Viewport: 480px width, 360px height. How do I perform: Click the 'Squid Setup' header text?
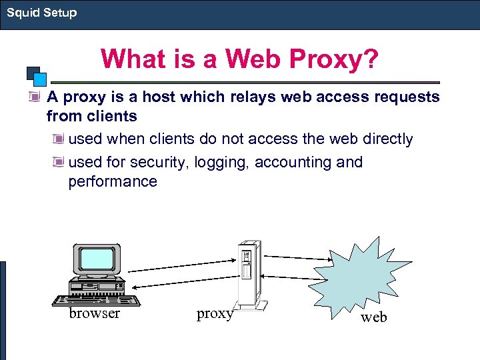[42, 13]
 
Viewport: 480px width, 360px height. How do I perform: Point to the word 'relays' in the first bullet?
[253, 97]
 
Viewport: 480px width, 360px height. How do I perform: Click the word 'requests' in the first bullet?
[407, 97]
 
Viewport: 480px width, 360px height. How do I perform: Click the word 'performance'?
[113, 181]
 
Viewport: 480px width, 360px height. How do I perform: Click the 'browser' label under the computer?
[95, 313]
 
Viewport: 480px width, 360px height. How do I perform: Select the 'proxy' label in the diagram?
[214, 313]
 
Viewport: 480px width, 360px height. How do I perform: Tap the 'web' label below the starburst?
[373, 317]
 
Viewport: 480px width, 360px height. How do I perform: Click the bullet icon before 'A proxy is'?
[34, 97]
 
